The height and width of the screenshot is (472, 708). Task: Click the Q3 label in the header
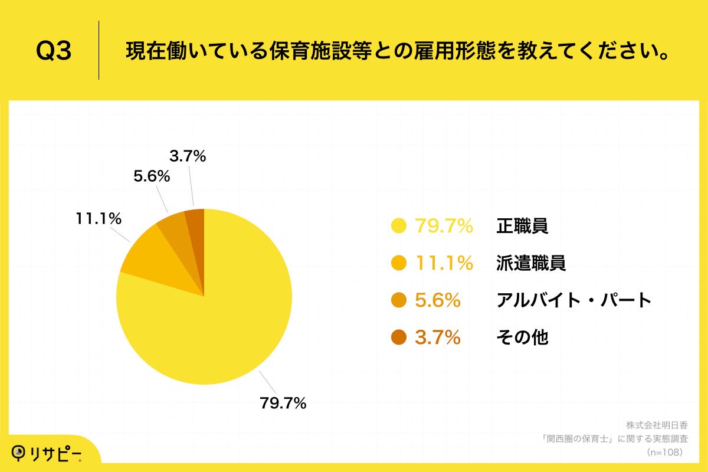pyautogui.click(x=54, y=51)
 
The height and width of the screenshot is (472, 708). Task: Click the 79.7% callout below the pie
pyautogui.click(x=283, y=404)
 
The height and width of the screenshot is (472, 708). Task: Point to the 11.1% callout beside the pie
pyautogui.click(x=99, y=218)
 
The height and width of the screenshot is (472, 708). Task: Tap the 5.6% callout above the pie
pyautogui.click(x=152, y=176)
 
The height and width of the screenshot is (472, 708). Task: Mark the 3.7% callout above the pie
pyautogui.click(x=187, y=156)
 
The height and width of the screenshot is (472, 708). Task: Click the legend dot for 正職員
pyautogui.click(x=399, y=226)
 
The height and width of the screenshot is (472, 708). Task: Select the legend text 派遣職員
pyautogui.click(x=531, y=263)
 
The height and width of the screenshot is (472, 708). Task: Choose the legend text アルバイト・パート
pyautogui.click(x=573, y=300)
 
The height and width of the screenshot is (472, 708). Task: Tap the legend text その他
pyautogui.click(x=522, y=337)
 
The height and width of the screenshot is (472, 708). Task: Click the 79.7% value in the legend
pyautogui.click(x=444, y=226)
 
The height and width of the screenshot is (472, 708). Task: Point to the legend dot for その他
pyautogui.click(x=399, y=337)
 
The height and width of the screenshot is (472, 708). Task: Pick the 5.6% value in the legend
pyautogui.click(x=437, y=300)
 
